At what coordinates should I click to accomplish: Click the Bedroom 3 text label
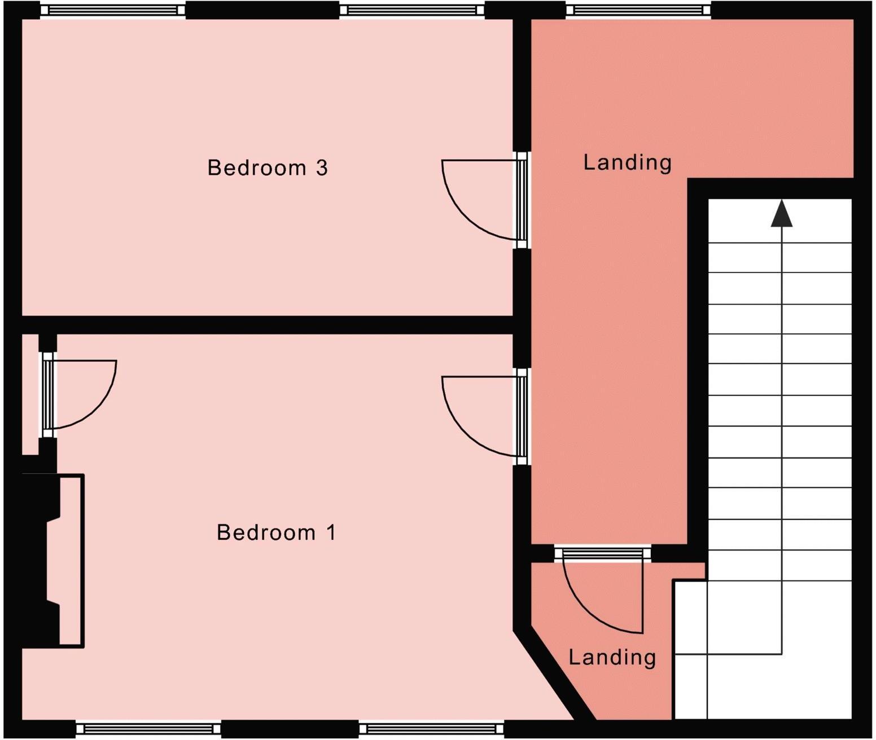(268, 168)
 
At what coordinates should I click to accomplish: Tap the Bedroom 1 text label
(276, 532)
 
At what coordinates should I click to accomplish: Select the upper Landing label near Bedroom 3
(627, 162)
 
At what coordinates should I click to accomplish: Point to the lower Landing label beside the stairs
(612, 658)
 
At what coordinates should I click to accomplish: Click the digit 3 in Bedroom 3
(322, 168)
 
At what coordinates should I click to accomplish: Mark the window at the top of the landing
(638, 10)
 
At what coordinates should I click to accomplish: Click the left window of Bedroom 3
(113, 10)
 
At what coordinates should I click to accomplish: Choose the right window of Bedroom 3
(412, 10)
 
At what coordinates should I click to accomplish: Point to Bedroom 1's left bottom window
(148, 729)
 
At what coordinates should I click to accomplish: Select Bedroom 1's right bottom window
(431, 729)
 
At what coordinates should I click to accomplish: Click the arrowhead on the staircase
(782, 214)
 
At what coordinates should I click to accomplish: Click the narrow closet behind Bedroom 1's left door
(30, 395)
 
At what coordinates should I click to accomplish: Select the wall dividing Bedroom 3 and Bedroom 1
(265, 325)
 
